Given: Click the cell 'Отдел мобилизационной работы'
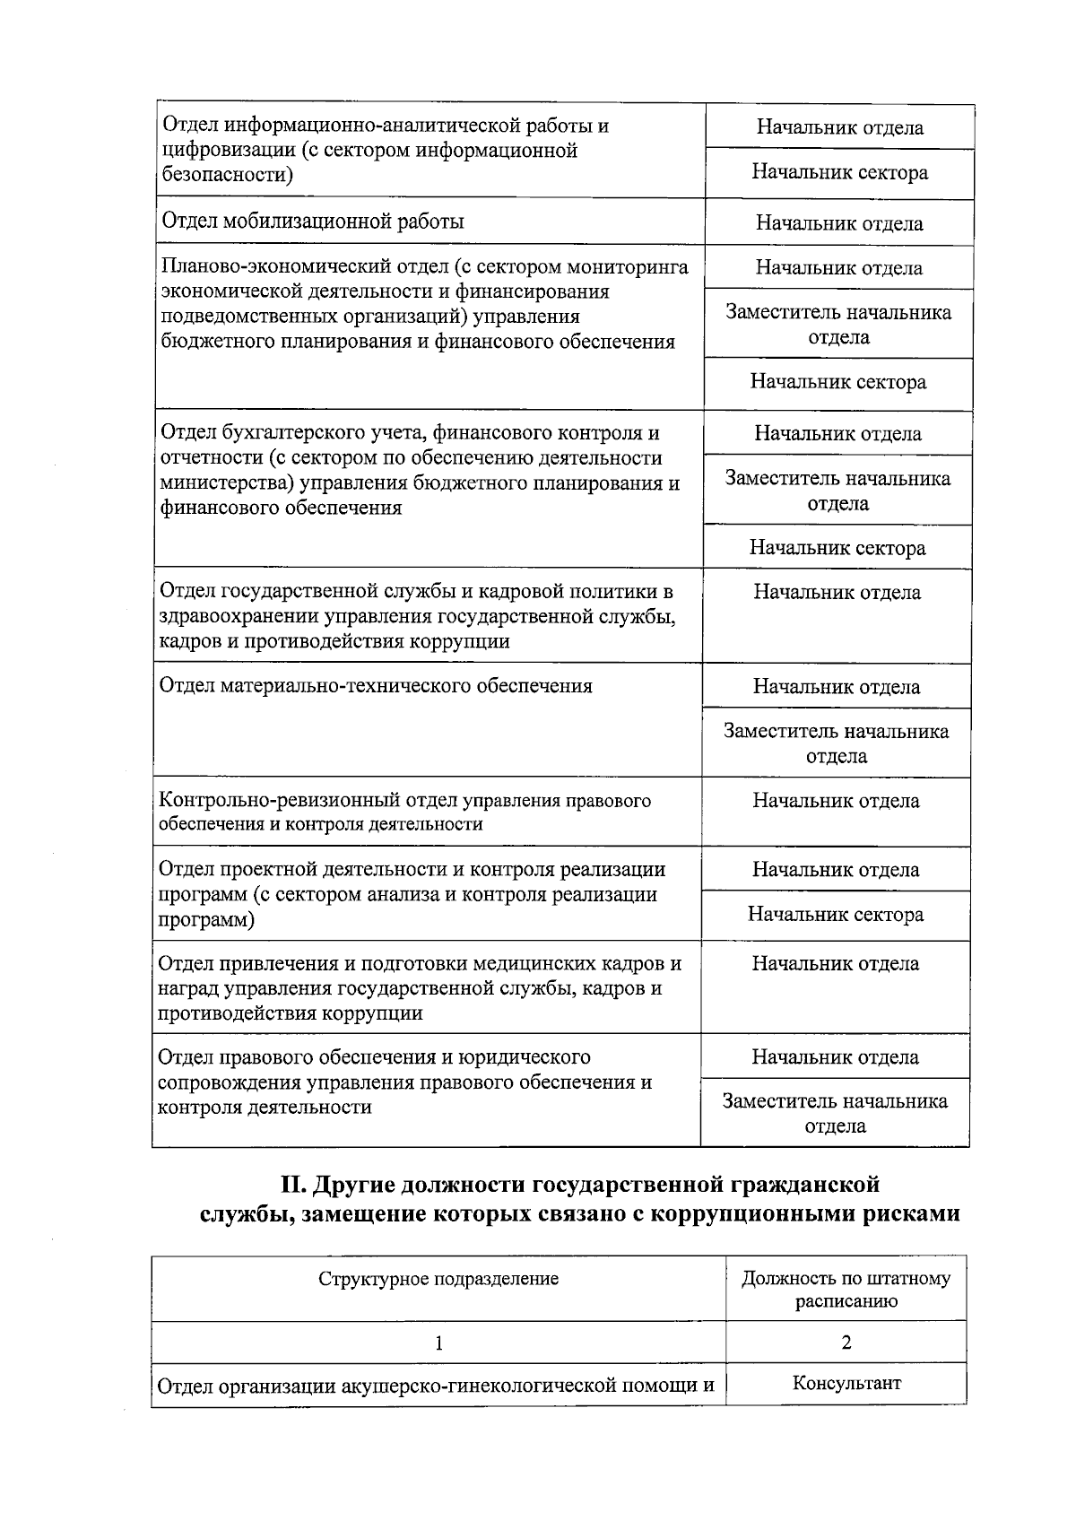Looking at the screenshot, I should click(312, 222).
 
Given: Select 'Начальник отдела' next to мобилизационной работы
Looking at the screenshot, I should click(839, 223).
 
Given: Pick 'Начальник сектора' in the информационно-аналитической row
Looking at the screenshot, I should click(839, 172).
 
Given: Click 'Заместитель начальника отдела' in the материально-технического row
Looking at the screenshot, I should click(836, 743).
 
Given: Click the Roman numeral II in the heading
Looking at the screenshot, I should click(295, 1185).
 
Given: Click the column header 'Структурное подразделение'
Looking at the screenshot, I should click(438, 1279).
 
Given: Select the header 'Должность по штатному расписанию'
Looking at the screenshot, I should click(846, 1290).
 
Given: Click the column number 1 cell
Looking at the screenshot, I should click(438, 1343).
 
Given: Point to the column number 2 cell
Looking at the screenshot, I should click(846, 1343).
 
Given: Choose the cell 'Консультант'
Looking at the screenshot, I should click(846, 1382).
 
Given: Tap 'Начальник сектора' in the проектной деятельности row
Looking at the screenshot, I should click(836, 915).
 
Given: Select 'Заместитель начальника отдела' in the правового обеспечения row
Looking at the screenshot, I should click(835, 1113).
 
